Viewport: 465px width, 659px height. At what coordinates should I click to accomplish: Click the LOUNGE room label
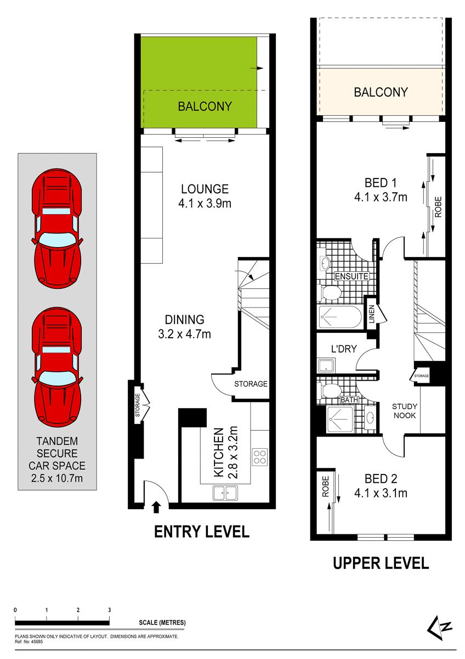pos(205,189)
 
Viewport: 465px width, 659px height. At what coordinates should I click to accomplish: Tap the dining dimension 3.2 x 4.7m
pos(184,334)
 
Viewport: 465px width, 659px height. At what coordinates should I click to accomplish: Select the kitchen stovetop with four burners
pos(260,457)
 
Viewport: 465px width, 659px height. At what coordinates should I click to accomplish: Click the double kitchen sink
pos(225,493)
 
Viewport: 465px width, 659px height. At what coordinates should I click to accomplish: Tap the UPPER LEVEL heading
pos(381,563)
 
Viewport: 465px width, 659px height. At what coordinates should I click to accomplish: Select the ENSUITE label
pos(351,276)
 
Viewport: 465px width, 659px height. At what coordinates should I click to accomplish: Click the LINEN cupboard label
pos(372,314)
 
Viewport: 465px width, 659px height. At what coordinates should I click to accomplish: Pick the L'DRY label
pos(344,349)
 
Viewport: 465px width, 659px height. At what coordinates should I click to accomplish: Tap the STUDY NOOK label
pos(405,411)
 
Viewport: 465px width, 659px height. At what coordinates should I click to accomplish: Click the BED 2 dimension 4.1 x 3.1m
pos(381,493)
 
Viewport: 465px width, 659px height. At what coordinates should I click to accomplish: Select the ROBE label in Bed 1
pos(438,207)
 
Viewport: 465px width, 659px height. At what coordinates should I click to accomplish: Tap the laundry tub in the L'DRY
pos(326,366)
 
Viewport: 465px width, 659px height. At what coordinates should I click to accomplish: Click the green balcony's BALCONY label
pos(205,106)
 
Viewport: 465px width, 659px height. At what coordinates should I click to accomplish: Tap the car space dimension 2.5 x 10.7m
pos(57,478)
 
